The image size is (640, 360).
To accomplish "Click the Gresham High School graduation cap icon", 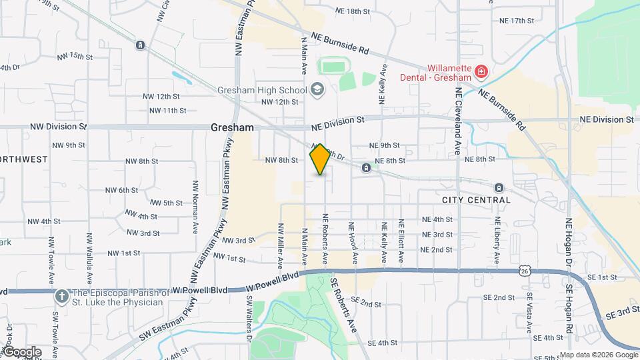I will (317, 90).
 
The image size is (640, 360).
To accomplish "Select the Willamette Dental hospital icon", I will (481, 71).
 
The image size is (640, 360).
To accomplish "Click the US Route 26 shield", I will (526, 271).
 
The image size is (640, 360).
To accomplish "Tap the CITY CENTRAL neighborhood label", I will (476, 200).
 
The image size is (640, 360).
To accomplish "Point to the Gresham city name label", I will (232, 127).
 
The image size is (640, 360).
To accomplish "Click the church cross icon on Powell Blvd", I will (61, 295).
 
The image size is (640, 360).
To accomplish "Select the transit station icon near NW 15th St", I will (140, 45).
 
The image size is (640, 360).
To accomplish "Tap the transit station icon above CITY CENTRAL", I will (499, 187).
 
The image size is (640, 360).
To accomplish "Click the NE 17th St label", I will (517, 21).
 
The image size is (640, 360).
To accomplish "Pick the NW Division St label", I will (59, 125).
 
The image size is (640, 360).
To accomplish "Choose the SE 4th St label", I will (382, 343).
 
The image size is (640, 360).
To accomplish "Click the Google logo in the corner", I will (22, 352).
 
